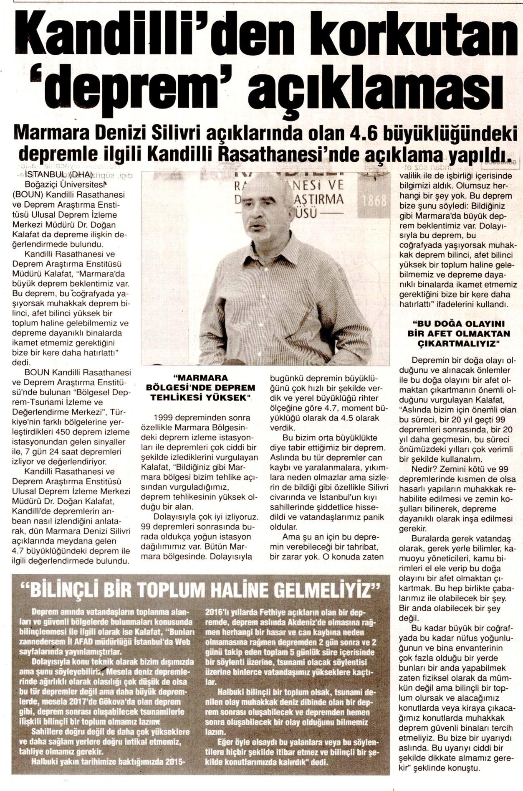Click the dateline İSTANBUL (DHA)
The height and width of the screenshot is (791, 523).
(58, 174)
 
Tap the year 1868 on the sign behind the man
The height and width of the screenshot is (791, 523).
(374, 201)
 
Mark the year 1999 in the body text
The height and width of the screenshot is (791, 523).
(162, 417)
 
